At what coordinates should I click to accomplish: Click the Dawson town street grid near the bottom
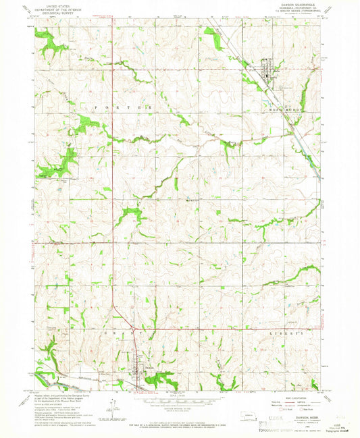point(140,373)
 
